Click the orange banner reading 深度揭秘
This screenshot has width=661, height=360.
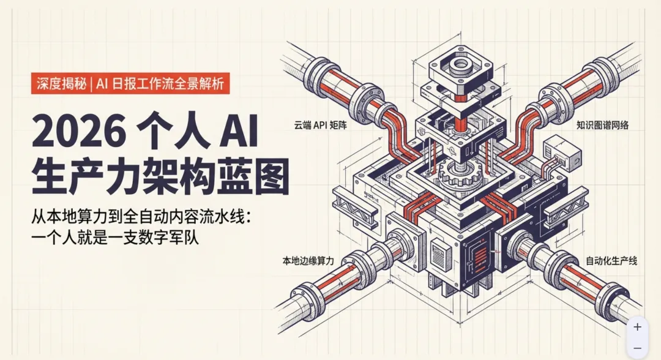[61, 84]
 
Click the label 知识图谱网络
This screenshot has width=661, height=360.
[603, 125]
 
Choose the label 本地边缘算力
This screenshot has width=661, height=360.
[308, 261]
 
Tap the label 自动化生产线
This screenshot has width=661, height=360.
[611, 261]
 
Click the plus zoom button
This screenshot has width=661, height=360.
[637, 327]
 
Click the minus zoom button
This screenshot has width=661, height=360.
[637, 348]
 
